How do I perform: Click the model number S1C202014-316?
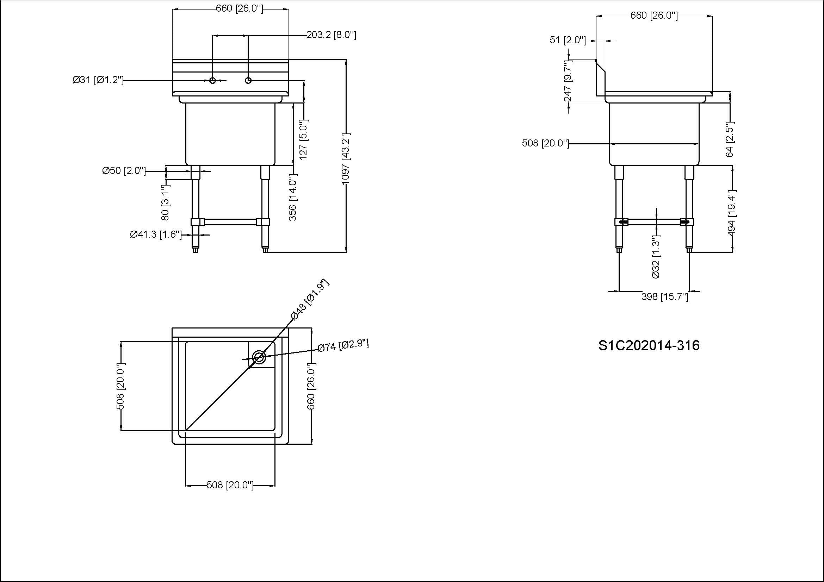click(649, 345)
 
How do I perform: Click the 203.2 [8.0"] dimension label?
click(331, 35)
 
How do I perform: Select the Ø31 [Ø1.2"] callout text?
click(98, 80)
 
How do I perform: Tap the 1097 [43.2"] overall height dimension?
click(345, 159)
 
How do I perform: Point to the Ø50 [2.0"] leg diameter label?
click(124, 171)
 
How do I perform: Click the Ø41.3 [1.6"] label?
click(156, 234)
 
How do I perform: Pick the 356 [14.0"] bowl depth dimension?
click(293, 197)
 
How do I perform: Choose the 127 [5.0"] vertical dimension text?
click(303, 140)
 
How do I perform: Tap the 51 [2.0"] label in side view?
click(568, 40)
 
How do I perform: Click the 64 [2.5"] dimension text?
click(730, 139)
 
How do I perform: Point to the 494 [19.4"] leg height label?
click(731, 213)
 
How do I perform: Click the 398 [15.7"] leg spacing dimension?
click(665, 297)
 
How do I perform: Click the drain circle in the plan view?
click(259, 357)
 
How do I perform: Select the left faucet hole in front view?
click(212, 80)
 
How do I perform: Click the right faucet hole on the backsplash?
click(248, 80)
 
